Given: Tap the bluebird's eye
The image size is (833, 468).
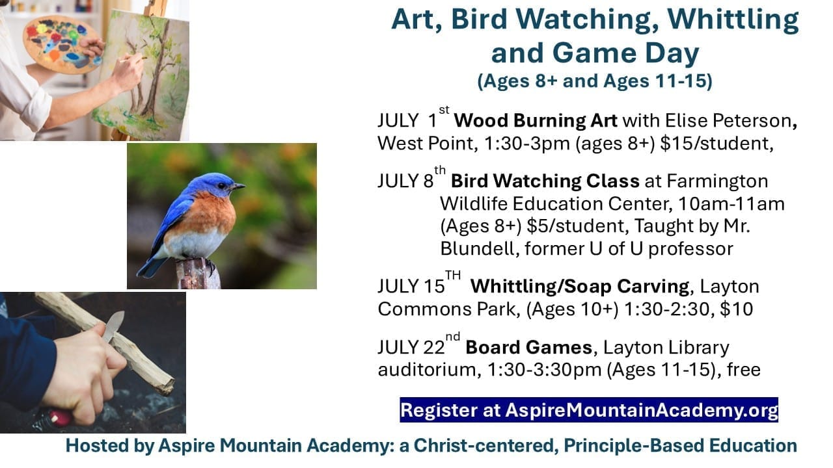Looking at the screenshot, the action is [221, 185].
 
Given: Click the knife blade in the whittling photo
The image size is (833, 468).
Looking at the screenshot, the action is [113, 326].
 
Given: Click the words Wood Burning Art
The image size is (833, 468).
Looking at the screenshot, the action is [536, 121].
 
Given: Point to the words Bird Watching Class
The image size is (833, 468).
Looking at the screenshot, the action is [545, 181].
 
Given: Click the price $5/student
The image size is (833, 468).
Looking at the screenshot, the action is [577, 226].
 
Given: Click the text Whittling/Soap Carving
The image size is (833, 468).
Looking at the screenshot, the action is [580, 287].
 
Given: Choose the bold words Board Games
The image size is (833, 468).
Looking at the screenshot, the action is [528, 348].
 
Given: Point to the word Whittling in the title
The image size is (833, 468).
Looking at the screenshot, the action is [733, 20].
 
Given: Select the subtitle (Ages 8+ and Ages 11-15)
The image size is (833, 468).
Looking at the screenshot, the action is [595, 81].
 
